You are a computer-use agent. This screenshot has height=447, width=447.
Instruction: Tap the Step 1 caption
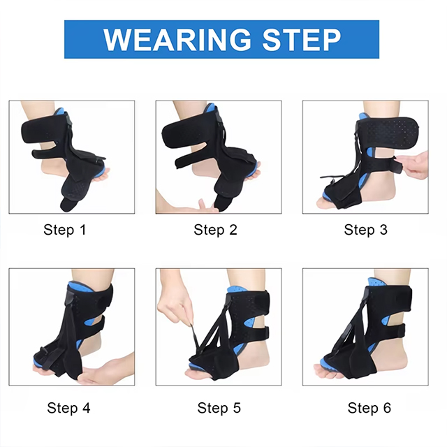coord(64,230)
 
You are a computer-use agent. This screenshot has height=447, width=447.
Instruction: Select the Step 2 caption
coord(214,230)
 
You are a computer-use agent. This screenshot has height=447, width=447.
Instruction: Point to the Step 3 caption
coord(365,230)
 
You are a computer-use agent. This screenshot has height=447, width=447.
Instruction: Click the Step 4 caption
coord(68,407)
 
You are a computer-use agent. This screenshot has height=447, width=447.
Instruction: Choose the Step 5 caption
coord(219,407)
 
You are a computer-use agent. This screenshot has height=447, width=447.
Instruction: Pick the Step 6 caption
coord(369,407)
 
